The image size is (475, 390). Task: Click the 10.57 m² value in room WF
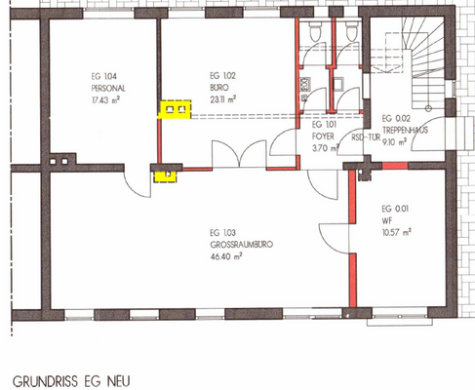[396, 231]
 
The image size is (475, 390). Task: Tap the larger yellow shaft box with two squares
[176, 109]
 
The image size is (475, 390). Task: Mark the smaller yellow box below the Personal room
[167, 175]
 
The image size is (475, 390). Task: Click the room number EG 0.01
[393, 207]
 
